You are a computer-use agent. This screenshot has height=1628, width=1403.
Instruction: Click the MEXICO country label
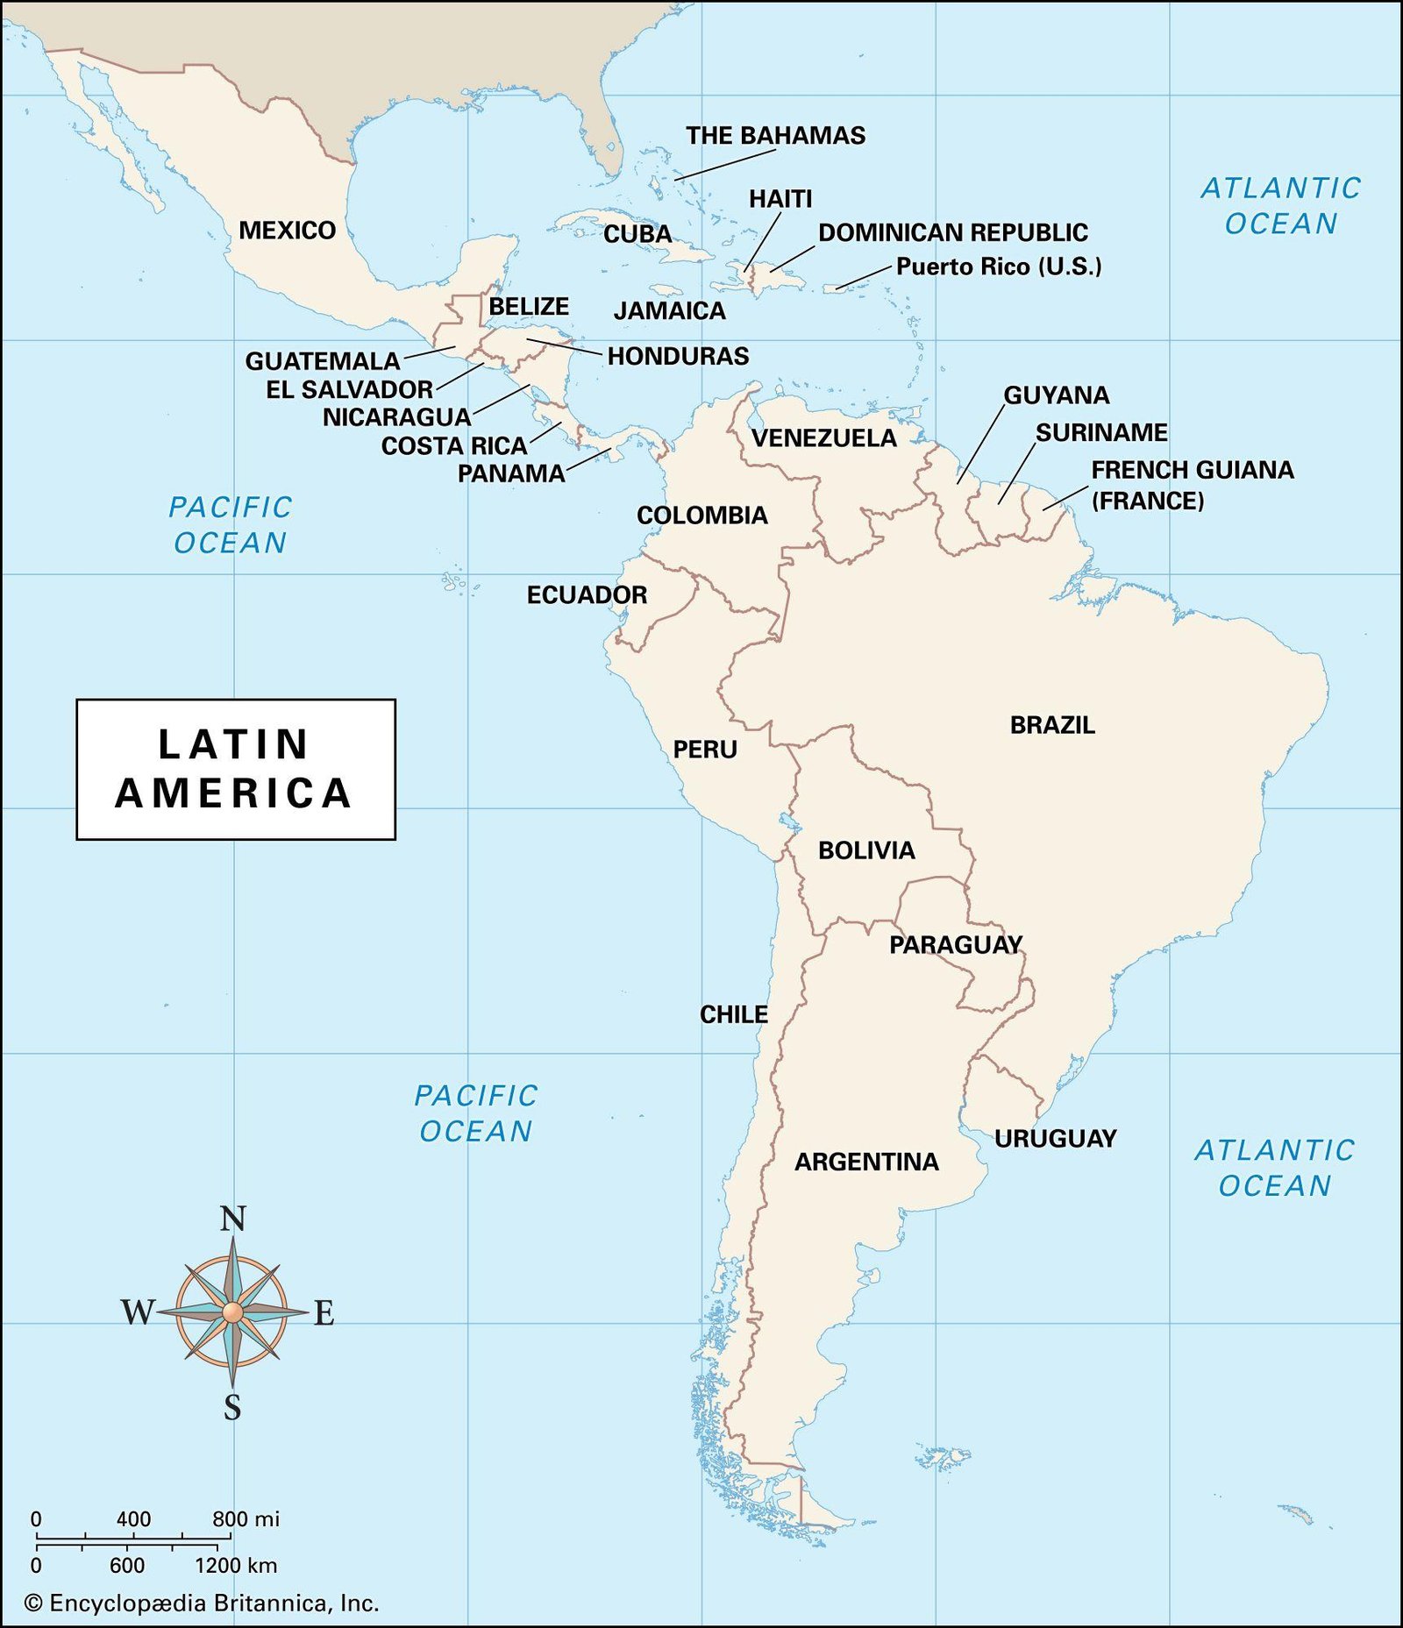click(x=287, y=231)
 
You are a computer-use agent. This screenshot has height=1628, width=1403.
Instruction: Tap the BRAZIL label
click(x=1052, y=725)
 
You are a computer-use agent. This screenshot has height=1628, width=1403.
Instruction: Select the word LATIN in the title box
click(x=233, y=744)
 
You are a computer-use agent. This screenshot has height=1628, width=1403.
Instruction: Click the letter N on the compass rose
click(x=232, y=1219)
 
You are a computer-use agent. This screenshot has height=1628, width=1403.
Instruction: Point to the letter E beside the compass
click(x=324, y=1313)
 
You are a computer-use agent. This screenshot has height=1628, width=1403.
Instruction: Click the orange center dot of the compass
click(x=231, y=1312)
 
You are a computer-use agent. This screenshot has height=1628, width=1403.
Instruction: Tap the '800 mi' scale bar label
click(x=246, y=1519)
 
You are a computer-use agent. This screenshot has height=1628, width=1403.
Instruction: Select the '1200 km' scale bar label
click(x=235, y=1566)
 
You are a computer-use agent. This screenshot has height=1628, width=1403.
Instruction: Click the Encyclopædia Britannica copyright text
click(x=203, y=1603)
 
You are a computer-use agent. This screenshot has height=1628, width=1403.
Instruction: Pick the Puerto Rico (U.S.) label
click(x=998, y=267)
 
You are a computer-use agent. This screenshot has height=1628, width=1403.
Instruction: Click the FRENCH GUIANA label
click(x=1192, y=470)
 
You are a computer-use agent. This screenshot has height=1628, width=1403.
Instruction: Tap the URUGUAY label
click(x=1055, y=1139)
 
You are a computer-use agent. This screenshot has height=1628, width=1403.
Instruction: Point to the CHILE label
click(x=733, y=1014)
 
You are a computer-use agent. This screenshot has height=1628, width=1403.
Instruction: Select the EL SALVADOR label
click(x=349, y=389)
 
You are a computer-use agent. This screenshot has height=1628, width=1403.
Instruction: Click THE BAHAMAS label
click(x=775, y=136)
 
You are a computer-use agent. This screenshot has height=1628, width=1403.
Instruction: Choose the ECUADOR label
click(x=587, y=595)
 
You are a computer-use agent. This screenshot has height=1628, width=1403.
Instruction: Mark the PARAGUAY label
click(x=956, y=945)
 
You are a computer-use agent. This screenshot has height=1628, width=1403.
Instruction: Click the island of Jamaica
click(x=666, y=289)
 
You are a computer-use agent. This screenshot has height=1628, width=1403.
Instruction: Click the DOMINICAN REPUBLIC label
click(x=952, y=233)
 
